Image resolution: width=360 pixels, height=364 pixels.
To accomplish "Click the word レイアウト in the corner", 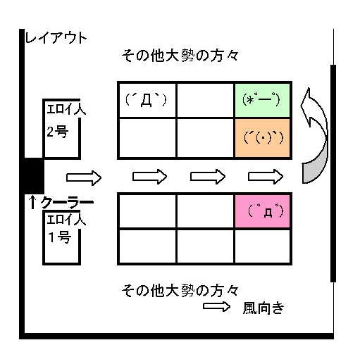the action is click(x=56, y=38).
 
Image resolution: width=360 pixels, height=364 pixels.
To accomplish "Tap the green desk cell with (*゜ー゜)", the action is click(x=262, y=100).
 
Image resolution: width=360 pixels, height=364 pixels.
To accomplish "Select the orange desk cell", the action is click(x=262, y=137).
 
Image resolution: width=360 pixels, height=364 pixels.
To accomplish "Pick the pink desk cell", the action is click(x=262, y=211).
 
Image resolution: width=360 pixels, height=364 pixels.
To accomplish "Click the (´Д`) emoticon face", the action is click(x=146, y=100).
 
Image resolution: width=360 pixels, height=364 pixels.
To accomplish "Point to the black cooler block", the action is click(x=34, y=176).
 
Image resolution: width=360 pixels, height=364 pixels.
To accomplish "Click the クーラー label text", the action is click(x=67, y=203).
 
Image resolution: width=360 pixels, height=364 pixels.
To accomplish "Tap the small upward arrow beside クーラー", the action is click(x=32, y=202).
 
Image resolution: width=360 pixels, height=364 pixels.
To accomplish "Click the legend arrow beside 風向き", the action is click(x=216, y=306).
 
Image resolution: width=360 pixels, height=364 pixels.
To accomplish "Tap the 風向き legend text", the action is click(x=263, y=308).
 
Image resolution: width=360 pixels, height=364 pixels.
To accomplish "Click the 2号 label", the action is click(x=58, y=132).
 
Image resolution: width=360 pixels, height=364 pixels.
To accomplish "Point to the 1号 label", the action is click(x=59, y=237).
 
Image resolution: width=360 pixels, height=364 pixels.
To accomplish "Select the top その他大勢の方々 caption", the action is click(x=180, y=56).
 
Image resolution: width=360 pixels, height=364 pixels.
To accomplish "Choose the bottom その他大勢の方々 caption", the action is click(x=180, y=291).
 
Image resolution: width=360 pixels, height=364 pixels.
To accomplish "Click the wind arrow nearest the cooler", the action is click(x=84, y=177).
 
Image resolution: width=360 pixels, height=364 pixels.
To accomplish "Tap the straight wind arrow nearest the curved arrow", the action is click(x=266, y=177).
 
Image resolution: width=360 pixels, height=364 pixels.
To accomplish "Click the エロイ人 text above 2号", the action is click(x=66, y=109).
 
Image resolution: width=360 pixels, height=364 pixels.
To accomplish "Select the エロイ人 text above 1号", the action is click(x=66, y=220).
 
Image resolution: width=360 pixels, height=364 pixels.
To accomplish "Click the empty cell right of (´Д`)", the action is click(x=205, y=100).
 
